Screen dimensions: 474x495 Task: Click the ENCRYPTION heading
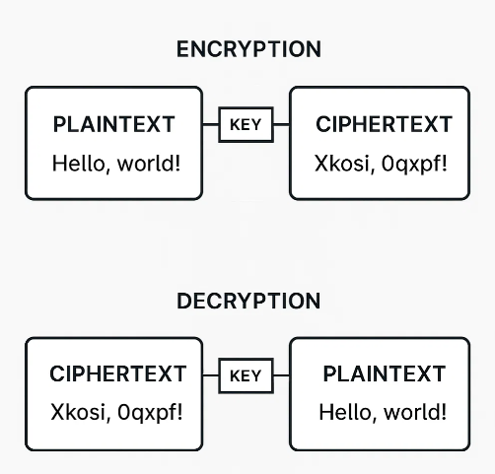(x=247, y=49)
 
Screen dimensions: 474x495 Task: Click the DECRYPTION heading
(x=247, y=301)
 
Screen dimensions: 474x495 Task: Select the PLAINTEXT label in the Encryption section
(x=113, y=125)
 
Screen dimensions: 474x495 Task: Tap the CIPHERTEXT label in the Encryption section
(x=384, y=125)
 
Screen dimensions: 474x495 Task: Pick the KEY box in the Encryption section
(x=245, y=125)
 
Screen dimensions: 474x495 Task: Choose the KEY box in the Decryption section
(x=245, y=375)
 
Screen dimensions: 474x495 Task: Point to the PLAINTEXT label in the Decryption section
(x=385, y=375)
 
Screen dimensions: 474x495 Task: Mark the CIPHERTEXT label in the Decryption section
(x=117, y=375)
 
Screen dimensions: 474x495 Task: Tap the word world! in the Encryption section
(x=148, y=163)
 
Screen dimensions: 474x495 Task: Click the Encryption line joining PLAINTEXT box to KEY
(x=210, y=125)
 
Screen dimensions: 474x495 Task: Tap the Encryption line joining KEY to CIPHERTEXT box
(x=281, y=125)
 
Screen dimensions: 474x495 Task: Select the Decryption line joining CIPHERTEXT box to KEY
(x=210, y=375)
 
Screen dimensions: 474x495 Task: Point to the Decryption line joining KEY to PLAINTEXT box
(x=281, y=375)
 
